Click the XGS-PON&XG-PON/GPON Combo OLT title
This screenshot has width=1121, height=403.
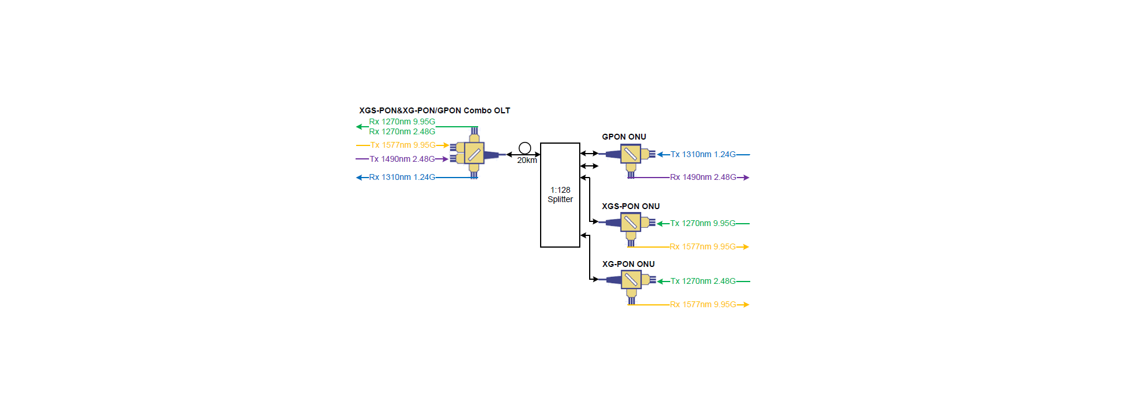point(434,110)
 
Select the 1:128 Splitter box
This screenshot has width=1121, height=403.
point(560,195)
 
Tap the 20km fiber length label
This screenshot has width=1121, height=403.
point(527,161)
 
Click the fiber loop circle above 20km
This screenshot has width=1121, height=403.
point(525,148)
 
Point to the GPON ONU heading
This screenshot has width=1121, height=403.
point(624,137)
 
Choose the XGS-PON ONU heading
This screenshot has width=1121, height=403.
point(631,206)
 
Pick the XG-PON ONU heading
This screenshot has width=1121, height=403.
point(628,264)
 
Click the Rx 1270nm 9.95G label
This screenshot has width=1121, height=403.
point(402,121)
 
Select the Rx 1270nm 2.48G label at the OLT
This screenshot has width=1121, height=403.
point(402,131)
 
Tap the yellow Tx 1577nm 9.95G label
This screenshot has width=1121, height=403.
point(403,145)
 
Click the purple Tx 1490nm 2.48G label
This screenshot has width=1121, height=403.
point(402,159)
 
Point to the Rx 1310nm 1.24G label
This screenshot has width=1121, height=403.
point(402,177)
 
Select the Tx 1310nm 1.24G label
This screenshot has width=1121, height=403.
point(703,154)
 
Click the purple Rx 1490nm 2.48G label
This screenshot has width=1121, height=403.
point(703,177)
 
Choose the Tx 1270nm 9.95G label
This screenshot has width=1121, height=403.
point(703,223)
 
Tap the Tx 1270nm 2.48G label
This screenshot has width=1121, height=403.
point(703,281)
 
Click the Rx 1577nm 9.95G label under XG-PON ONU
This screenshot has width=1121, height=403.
point(703,304)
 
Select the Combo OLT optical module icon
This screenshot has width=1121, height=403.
point(474,154)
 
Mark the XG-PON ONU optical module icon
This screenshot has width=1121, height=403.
point(631,280)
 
